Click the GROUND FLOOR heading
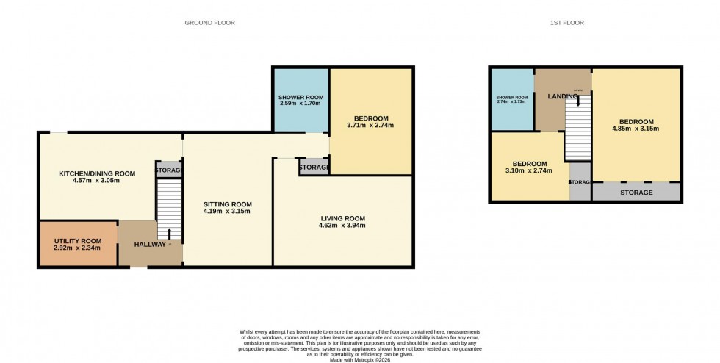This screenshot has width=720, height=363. click(209, 23)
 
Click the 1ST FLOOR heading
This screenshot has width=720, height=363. click(568, 23)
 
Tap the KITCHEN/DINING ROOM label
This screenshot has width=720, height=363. click(97, 173)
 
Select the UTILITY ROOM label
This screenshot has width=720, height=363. click(77, 241)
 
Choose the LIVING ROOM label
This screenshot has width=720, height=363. click(342, 218)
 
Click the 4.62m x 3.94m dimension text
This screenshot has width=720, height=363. click(342, 226)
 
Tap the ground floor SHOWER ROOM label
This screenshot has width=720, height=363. click(301, 97)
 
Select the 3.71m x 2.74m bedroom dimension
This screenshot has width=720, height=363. click(370, 125)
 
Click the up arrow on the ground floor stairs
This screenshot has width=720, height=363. click(170, 234)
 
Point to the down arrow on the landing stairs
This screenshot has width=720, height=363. click(577, 109)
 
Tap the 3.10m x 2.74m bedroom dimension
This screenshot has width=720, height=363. click(529, 170)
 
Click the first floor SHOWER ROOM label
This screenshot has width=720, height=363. click(511, 98)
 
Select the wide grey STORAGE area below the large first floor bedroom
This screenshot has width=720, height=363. click(636, 193)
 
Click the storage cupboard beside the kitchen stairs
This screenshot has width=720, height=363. click(169, 170)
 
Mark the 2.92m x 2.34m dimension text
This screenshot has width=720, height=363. click(77, 248)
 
